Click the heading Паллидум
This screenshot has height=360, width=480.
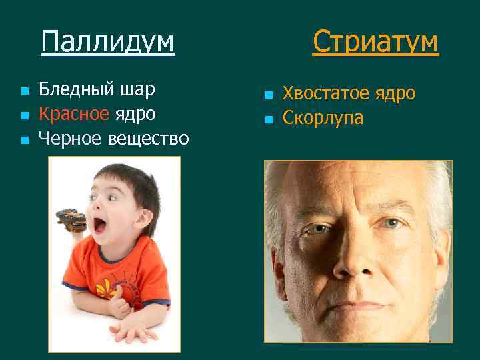click(x=107, y=41)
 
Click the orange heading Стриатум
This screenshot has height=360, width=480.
click(x=375, y=41)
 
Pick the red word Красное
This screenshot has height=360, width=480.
click(x=73, y=113)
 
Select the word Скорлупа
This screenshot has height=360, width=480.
click(x=323, y=118)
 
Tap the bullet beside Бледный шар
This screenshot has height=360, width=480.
click(x=24, y=91)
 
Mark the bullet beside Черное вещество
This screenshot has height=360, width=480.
click(x=24, y=140)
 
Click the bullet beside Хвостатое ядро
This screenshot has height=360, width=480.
click(x=268, y=95)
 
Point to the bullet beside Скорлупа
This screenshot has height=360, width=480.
click(x=268, y=120)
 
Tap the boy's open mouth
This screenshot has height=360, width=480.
click(x=101, y=225)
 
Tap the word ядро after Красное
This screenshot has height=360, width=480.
click(x=135, y=113)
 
